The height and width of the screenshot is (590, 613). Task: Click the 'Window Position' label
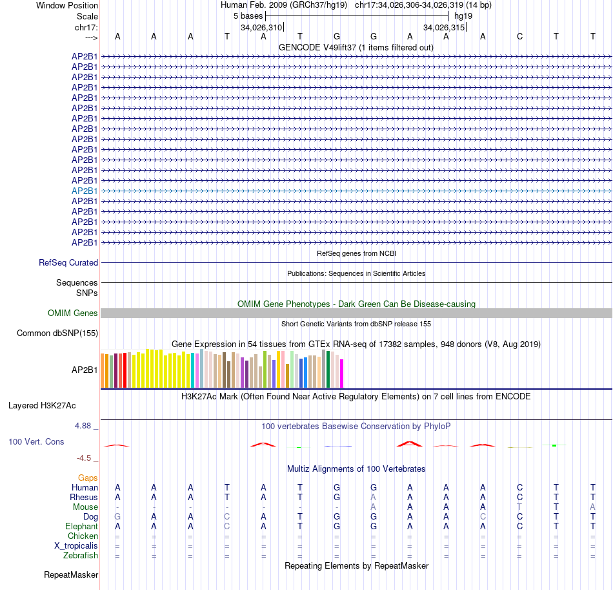click(67, 5)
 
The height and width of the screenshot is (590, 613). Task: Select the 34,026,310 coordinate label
click(261, 28)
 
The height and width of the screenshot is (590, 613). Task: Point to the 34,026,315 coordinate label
click(444, 28)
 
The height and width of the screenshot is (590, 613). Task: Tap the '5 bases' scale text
click(245, 16)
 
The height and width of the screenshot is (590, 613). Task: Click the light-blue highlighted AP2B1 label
click(85, 191)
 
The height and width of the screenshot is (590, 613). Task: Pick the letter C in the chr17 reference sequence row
click(519, 36)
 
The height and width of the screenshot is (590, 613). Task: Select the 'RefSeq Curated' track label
click(68, 263)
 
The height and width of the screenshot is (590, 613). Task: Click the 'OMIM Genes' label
click(73, 313)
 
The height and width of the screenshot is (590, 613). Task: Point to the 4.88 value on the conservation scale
click(84, 427)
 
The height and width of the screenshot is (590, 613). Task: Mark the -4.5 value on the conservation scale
click(85, 458)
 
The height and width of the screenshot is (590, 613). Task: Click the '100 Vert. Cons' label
click(36, 442)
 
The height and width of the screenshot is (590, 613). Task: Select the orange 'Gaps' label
click(88, 478)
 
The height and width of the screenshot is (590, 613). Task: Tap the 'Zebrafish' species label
click(81, 556)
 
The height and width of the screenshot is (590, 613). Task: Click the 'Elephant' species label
click(81, 527)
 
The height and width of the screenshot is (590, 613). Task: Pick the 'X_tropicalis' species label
click(76, 546)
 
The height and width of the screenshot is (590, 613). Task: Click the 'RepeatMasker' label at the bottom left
click(71, 574)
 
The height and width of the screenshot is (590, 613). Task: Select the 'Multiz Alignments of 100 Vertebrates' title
click(356, 469)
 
